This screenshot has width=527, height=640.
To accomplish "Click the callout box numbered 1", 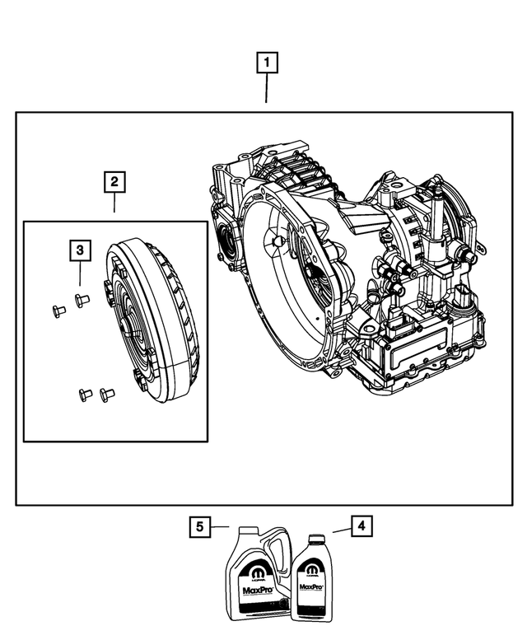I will (x=266, y=61).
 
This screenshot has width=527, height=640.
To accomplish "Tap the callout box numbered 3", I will (x=79, y=249).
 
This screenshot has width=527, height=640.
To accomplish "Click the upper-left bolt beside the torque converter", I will (x=58, y=311).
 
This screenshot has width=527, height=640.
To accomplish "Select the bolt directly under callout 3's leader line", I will (x=81, y=299).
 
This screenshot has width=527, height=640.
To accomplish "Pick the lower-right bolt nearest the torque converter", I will (x=104, y=395).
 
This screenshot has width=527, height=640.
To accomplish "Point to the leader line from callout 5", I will (x=218, y=526).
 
